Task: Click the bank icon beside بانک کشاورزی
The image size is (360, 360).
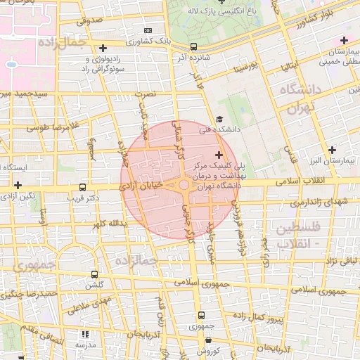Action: (147, 31)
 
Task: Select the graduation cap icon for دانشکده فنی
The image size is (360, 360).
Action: (219, 120)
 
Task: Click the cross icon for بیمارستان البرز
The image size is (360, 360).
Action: (333, 150)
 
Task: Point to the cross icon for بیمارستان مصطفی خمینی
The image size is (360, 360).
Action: (343, 39)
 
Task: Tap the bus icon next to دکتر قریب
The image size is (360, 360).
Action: (83, 188)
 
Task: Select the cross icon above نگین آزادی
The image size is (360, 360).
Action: (18, 184)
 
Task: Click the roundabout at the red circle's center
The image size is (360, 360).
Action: (184, 185)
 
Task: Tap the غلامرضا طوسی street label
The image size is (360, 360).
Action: (51, 128)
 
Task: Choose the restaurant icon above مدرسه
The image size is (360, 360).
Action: (85, 335)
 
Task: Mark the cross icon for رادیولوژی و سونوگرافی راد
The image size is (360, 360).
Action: (103, 48)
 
